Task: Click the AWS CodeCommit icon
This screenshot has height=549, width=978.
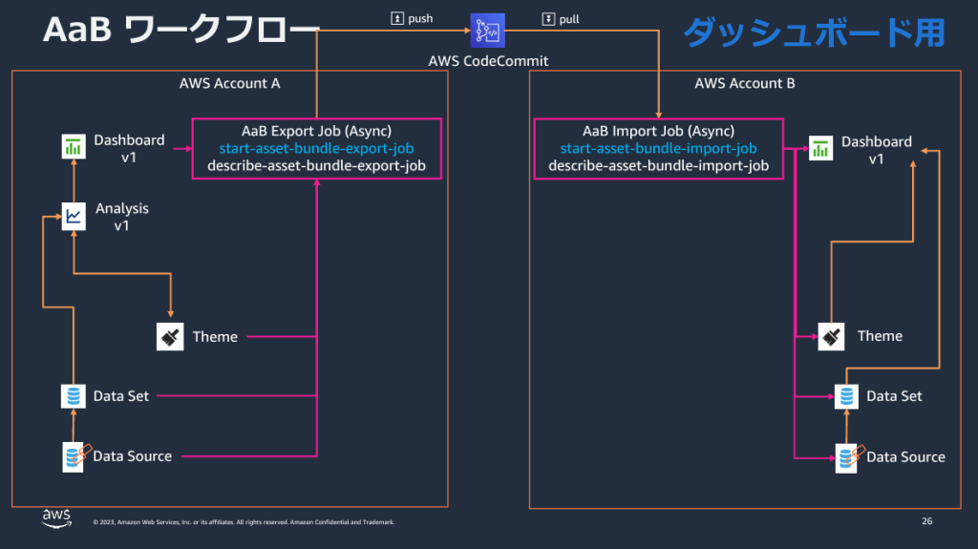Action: pos(488,32)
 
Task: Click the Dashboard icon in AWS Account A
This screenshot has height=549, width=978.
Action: pos(73,148)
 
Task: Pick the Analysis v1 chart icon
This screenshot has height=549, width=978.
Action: pos(73,216)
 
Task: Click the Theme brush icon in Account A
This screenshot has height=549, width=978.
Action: pos(169,336)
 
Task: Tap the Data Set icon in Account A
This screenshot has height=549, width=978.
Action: pos(73,395)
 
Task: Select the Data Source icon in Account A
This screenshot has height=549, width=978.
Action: pos(74,456)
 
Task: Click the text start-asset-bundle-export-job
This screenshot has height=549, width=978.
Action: pos(316,148)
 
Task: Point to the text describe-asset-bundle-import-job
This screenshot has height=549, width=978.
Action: pos(658,166)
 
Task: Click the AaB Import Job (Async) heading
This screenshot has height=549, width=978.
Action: pos(658,130)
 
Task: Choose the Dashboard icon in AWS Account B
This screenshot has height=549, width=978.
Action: pos(820,148)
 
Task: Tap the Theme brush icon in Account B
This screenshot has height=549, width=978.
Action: pos(832,336)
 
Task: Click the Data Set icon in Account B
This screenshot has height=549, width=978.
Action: pos(845,395)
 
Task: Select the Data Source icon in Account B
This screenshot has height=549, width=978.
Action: pos(847,456)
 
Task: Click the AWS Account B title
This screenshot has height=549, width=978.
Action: pos(744,83)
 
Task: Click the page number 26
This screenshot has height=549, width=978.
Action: pos(926,521)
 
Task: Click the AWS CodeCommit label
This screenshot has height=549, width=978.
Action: pos(488,62)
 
